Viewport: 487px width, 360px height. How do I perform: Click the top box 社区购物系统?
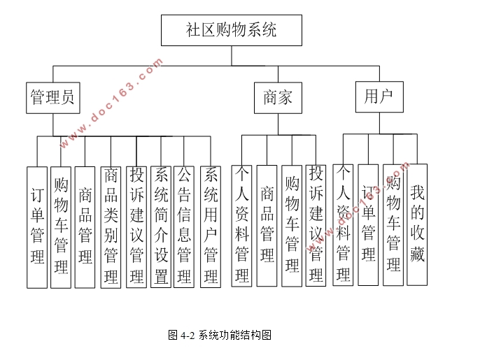232,30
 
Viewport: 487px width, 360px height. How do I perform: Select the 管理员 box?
52,98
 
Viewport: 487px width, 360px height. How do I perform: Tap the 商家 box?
278,98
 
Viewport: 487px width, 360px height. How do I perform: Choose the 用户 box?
379,96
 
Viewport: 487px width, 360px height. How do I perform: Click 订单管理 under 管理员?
38,227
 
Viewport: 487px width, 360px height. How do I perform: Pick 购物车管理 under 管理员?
61,227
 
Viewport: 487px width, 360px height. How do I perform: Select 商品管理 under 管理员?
85,227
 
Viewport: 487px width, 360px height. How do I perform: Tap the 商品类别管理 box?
111,227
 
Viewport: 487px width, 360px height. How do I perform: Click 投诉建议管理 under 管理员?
136,227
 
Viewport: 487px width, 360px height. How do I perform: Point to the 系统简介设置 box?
161,227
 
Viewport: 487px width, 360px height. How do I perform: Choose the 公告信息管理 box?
184,227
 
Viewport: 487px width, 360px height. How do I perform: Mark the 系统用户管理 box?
211,227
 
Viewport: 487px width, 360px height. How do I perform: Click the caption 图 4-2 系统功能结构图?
219,335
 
